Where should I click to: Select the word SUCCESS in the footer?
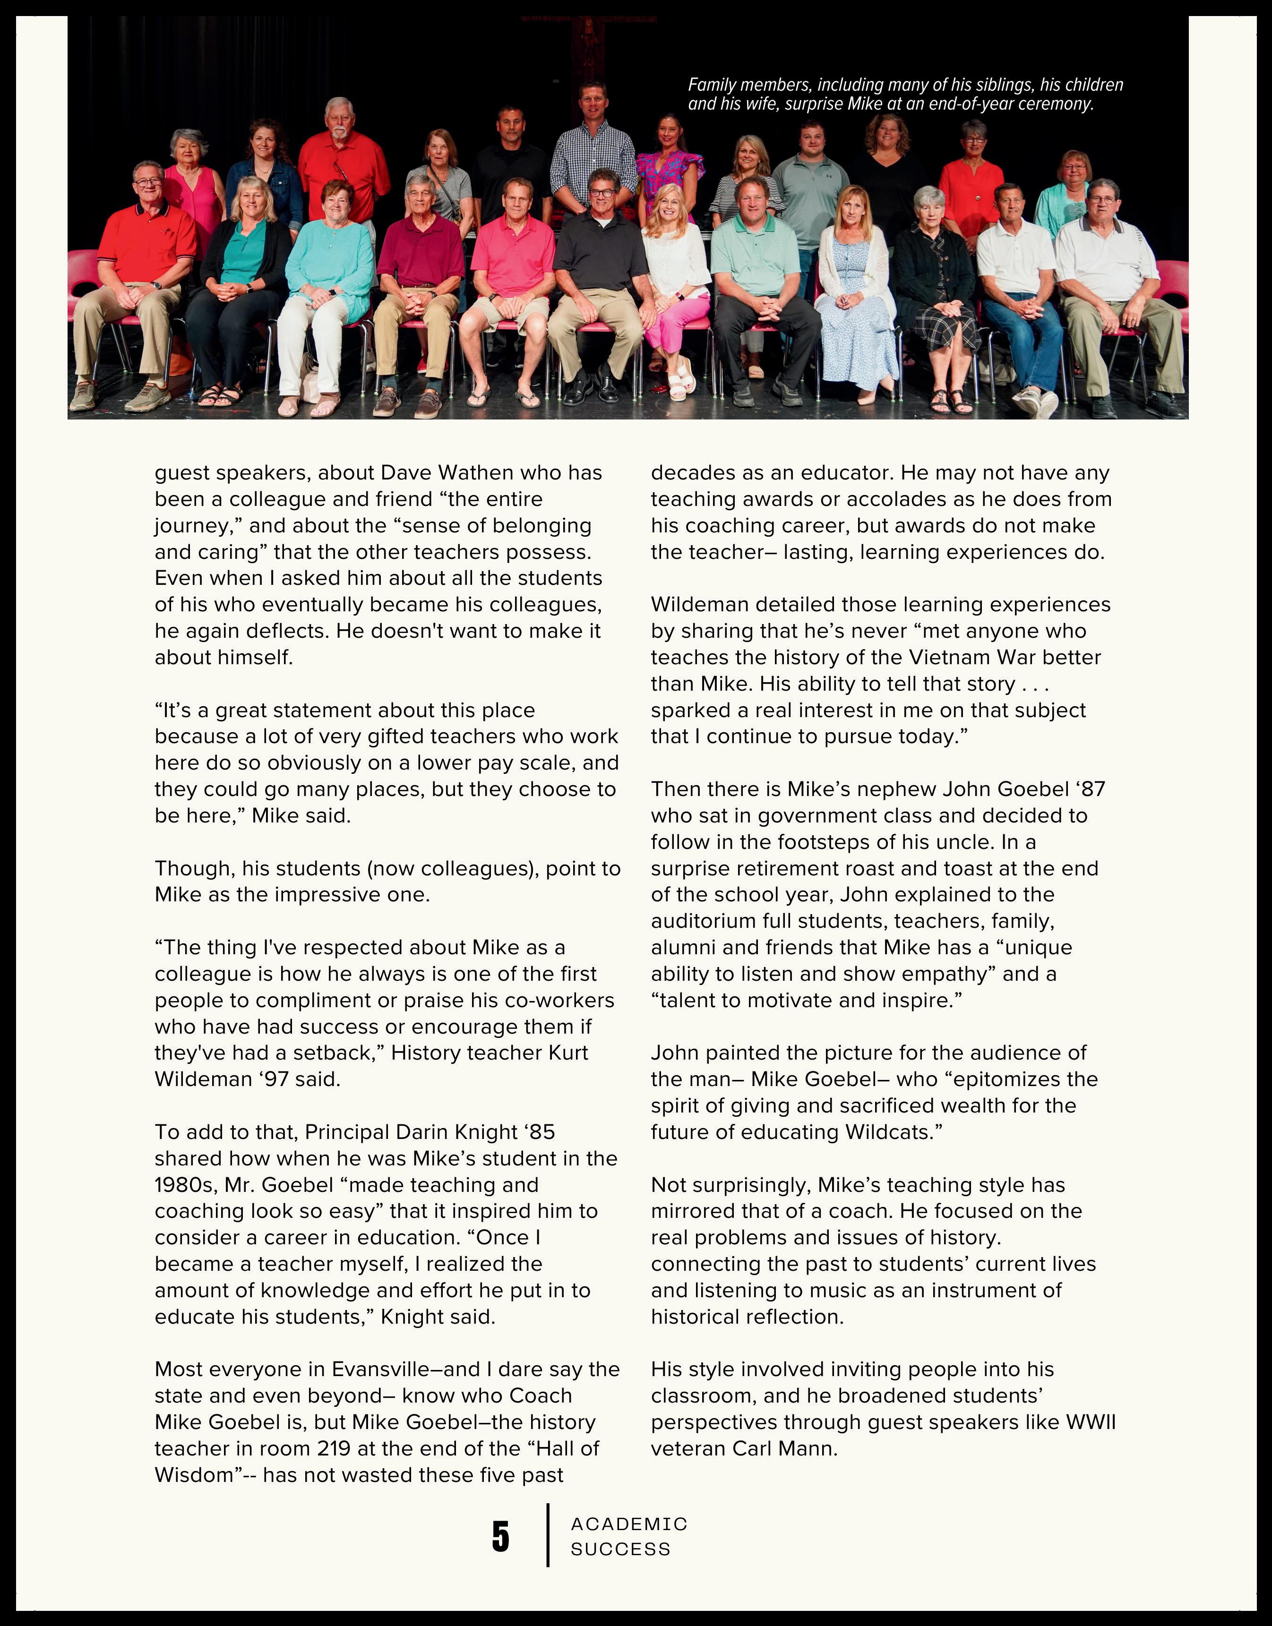pos(620,1549)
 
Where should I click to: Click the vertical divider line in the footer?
pos(548,1535)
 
